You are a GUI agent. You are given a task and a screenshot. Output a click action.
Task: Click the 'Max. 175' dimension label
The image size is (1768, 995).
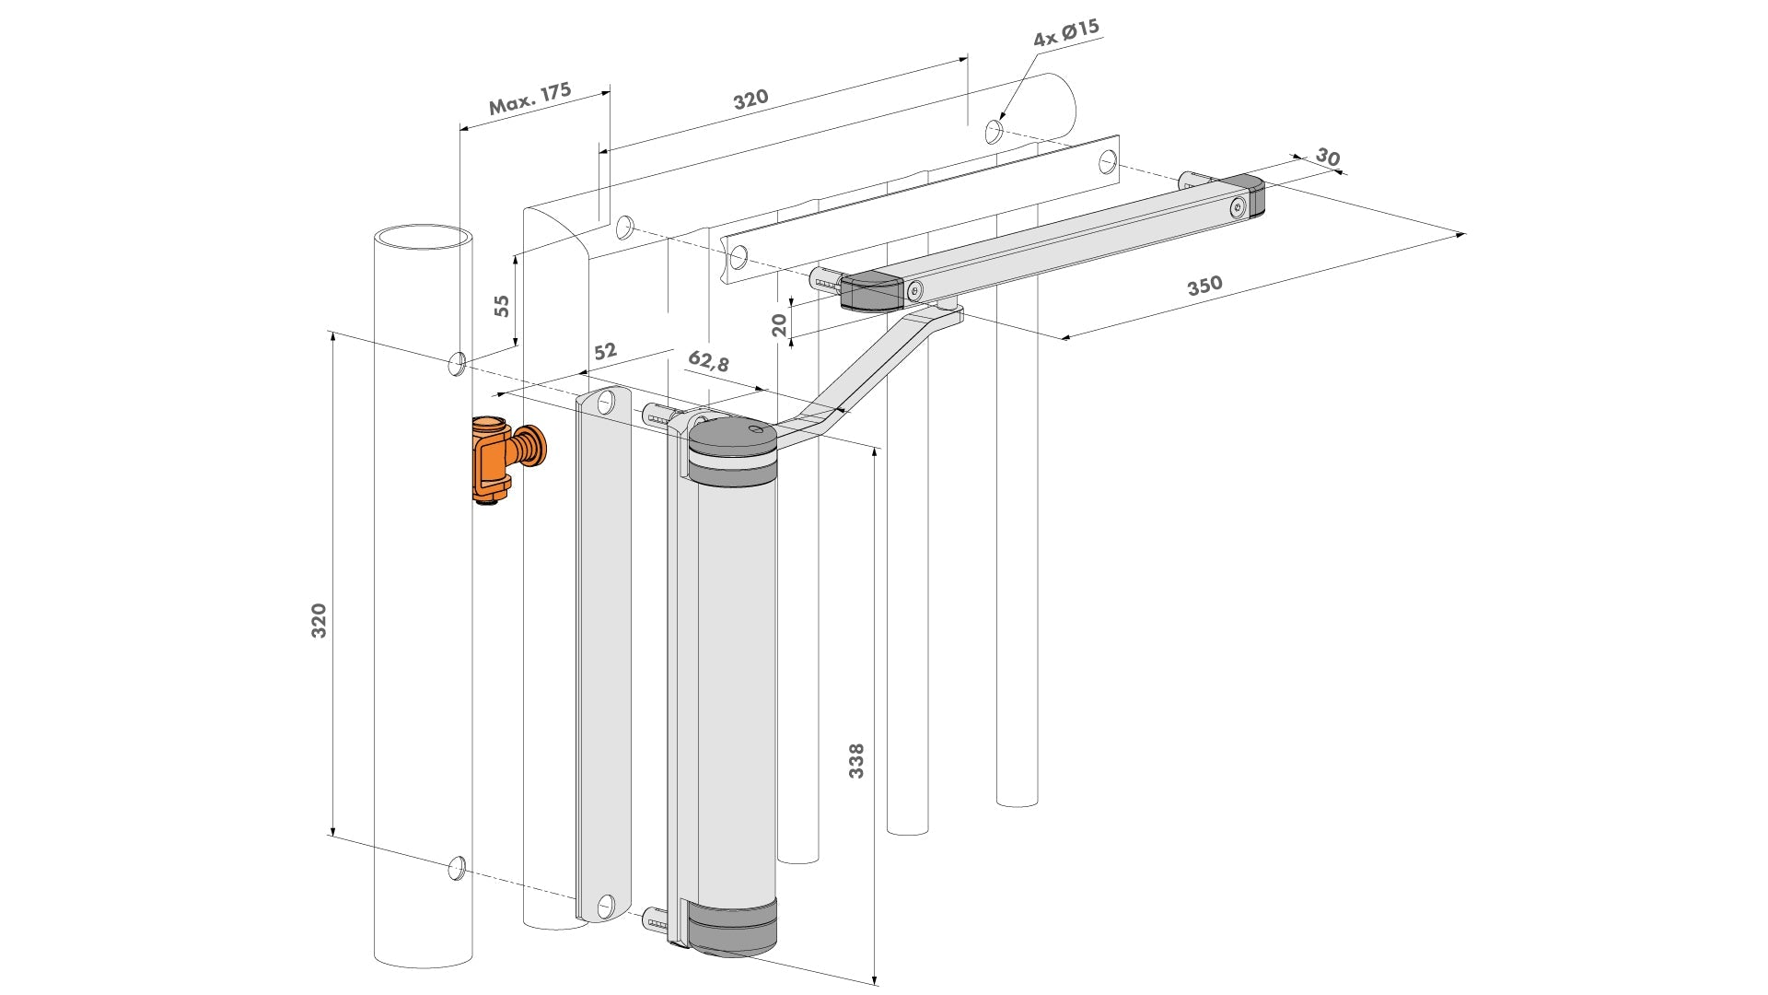click(529, 99)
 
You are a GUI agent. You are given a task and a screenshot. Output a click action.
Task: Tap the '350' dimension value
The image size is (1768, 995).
click(1204, 286)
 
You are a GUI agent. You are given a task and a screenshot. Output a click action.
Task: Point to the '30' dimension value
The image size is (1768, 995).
click(1327, 157)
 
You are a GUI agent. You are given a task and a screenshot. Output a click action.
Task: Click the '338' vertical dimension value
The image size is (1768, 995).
click(856, 761)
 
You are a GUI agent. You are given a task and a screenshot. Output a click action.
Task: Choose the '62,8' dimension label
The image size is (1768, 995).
click(708, 361)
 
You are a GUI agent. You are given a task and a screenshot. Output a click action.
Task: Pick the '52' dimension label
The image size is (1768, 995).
click(605, 351)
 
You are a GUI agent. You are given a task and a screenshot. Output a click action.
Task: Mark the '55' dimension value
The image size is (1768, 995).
click(502, 306)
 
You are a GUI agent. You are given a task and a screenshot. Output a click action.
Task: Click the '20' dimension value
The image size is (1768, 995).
click(780, 324)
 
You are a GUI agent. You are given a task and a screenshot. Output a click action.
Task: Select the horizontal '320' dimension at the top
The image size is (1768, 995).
click(750, 99)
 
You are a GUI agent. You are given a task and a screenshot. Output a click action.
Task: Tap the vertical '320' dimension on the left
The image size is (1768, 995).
click(319, 621)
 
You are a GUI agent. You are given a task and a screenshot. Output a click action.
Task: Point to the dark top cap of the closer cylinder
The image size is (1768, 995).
click(733, 443)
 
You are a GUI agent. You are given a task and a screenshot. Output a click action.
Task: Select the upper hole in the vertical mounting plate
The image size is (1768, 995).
click(606, 403)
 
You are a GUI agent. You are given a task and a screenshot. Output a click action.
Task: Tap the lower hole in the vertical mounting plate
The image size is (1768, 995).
click(606, 907)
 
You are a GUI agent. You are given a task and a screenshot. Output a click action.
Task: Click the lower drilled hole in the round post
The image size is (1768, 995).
click(455, 867)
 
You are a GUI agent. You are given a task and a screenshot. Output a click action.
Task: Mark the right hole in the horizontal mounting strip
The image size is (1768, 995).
click(1107, 163)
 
